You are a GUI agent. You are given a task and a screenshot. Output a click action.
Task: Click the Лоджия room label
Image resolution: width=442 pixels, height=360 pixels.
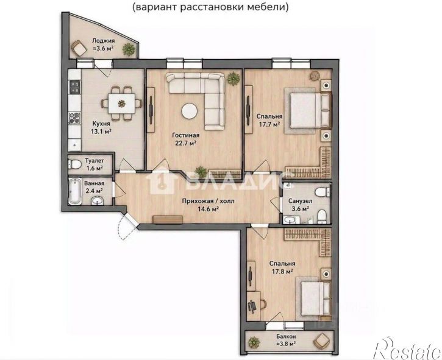coord(104,41)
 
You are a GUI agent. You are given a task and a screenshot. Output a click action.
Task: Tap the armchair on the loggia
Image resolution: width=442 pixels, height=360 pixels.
coord(79,48)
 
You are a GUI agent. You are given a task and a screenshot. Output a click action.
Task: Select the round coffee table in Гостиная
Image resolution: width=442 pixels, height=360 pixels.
coord(190,111)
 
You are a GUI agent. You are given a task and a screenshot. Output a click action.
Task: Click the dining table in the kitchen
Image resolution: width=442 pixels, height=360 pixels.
coord(122,104)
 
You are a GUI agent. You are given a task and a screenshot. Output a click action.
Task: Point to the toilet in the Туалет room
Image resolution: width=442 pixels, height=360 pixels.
coord(74,164)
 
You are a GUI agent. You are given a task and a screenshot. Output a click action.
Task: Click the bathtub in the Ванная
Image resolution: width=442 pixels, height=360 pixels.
coord(75,191)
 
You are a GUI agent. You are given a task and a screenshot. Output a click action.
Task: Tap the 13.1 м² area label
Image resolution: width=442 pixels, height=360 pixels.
coord(101,131)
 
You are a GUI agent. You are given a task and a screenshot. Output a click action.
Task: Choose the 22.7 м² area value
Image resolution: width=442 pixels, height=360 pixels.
coord(186,143)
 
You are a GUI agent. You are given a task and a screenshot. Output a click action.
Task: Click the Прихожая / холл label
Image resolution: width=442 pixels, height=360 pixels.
coord(208,201)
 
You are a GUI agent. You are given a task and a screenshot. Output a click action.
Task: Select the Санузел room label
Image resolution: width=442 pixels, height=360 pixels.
coord(300,201)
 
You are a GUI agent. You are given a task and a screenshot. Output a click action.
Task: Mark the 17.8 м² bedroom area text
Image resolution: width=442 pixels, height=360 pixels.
coord(282,271)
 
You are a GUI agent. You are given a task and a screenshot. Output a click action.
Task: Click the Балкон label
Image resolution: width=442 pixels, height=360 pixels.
coord(286,337)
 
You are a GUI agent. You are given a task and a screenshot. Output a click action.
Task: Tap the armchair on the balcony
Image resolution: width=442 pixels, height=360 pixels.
coord(321,341)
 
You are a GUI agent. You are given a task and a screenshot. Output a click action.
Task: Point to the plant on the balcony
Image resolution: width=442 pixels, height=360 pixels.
coord(254,342)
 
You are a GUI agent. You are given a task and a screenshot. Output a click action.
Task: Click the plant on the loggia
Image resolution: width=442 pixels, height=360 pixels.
coord(129,49)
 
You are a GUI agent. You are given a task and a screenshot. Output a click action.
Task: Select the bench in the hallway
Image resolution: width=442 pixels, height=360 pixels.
coord(168,219)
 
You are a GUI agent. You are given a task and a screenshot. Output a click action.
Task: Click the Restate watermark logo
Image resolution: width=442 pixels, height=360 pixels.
coord(408,348)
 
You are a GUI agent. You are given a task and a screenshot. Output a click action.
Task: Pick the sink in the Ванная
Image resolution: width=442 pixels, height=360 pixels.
coord(98,201)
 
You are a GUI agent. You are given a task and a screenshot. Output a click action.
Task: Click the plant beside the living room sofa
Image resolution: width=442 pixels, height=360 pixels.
coord(233,78)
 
